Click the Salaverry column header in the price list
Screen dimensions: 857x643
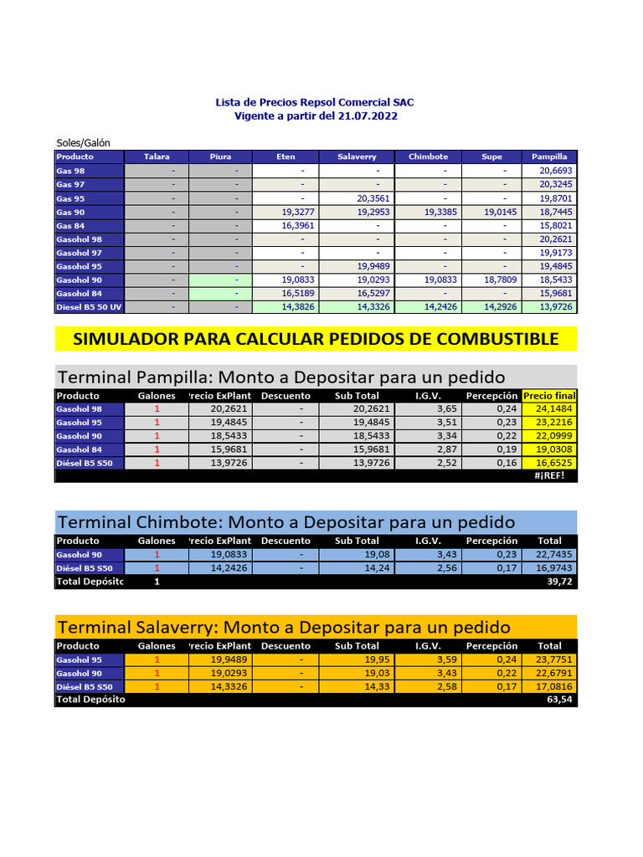(357, 157)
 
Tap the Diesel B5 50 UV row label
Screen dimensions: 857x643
(89, 307)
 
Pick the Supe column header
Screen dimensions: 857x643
(491, 157)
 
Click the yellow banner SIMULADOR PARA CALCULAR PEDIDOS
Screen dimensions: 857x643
(316, 339)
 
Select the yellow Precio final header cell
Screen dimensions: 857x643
(549, 396)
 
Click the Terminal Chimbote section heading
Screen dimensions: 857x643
(285, 522)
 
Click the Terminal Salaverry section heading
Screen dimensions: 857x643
(283, 627)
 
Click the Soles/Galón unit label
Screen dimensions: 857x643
(84, 142)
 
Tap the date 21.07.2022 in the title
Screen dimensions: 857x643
(366, 116)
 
